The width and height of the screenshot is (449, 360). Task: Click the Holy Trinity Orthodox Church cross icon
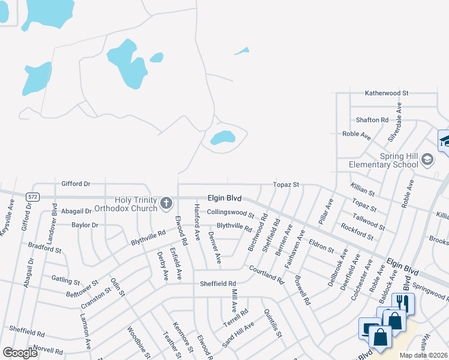166,205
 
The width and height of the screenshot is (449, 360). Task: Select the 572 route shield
33,197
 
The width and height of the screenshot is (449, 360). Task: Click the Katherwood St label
387,94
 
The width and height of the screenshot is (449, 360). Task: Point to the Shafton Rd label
372,120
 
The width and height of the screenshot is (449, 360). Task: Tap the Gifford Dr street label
76,183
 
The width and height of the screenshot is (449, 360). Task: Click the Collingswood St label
231,212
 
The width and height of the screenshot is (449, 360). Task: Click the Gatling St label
66,281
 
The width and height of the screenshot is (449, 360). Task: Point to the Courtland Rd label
266,274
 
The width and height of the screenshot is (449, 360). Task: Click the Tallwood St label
369,222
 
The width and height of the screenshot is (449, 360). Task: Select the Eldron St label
321,246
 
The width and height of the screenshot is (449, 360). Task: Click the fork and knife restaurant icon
402,302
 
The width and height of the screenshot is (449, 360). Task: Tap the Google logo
20,353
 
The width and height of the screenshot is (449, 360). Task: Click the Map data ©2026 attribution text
423,355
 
